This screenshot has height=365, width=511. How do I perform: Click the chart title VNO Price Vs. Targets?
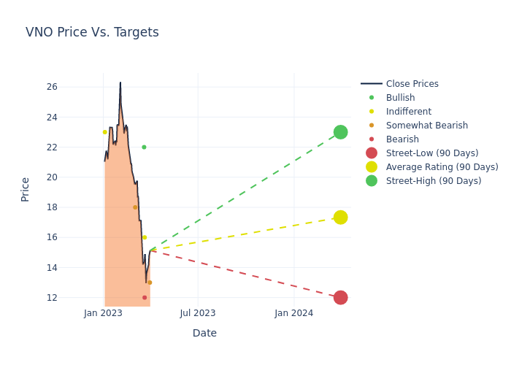[x=92, y=32]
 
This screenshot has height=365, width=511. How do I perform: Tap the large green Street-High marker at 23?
[x=340, y=132]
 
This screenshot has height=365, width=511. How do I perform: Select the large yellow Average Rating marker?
[x=340, y=218]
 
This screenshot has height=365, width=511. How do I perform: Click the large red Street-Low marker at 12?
[x=340, y=297]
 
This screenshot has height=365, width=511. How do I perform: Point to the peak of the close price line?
[x=120, y=82]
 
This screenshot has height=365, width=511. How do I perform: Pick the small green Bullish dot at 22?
[x=144, y=147]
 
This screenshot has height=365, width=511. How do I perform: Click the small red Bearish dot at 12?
[x=145, y=297]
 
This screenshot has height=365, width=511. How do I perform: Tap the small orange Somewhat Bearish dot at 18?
[x=135, y=207]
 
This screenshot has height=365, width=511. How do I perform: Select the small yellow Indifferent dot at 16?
[x=145, y=237]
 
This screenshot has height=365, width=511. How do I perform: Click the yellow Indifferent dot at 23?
[x=105, y=132]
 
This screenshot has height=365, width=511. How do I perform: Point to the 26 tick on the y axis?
[x=72, y=87]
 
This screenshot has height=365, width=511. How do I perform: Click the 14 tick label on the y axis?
[x=72, y=267]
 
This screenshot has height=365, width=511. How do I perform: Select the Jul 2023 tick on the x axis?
[x=198, y=313]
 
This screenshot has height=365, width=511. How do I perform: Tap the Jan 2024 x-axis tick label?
[x=294, y=313]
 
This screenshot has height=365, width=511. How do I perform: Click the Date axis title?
[x=204, y=333]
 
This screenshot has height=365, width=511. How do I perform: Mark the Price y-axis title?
[x=26, y=189]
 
